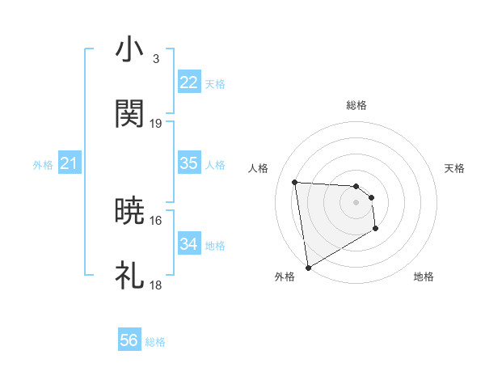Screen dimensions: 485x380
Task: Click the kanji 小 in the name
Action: point(129,50)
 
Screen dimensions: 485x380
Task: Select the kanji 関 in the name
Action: point(129,114)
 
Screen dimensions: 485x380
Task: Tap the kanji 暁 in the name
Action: point(129,211)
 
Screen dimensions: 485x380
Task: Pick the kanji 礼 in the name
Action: point(129,276)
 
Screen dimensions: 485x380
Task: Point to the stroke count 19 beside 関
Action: point(156,123)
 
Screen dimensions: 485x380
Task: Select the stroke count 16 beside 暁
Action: point(156,220)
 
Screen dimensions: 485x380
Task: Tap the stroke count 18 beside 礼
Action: point(156,285)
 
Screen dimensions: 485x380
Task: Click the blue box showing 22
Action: point(188,82)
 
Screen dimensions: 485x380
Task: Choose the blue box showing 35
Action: point(188,163)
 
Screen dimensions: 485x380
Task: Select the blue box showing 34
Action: point(188,244)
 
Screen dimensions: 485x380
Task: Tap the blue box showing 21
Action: point(69,164)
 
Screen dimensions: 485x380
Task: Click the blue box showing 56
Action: point(129,341)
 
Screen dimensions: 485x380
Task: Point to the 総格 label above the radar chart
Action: point(356,105)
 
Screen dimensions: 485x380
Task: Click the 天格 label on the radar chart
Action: point(454,168)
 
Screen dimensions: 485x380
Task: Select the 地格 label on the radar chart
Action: point(424,277)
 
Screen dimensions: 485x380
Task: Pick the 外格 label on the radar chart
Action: point(285,277)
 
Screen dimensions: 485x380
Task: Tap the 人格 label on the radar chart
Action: point(258,168)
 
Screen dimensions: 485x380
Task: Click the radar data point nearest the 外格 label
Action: point(307,267)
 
